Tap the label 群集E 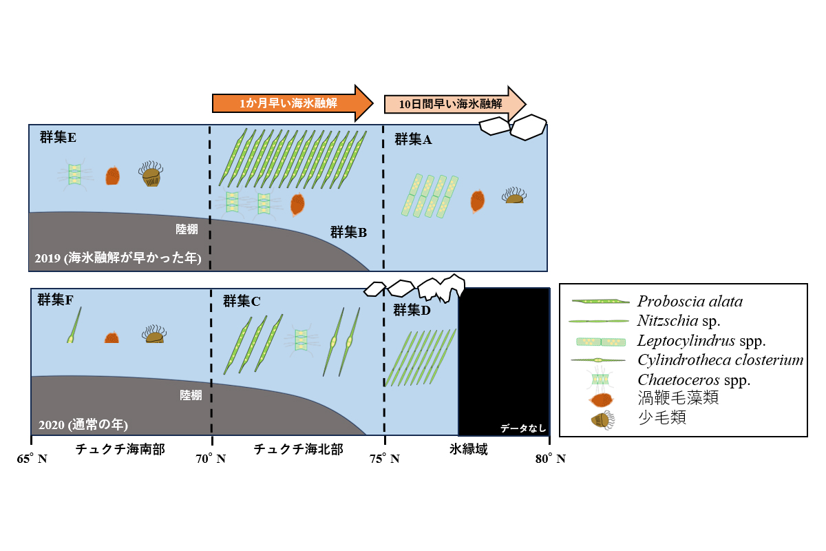[58, 138]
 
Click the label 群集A [413, 140]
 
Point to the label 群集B [348, 232]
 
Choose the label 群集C [242, 301]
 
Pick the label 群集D [412, 310]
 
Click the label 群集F [56, 300]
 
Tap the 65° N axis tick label [32, 459]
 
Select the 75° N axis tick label [385, 459]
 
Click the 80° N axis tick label [551, 459]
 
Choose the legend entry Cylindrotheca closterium [720, 360]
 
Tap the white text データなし [523, 428]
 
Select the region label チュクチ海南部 [120, 449]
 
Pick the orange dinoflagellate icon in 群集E [112, 176]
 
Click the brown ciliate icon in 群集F [154, 335]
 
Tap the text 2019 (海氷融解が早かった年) [117, 259]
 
